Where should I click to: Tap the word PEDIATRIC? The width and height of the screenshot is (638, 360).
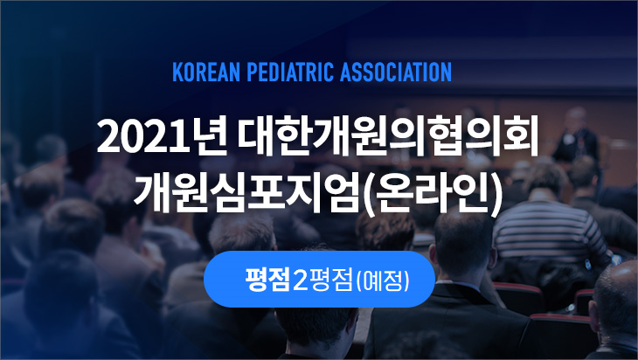(x=290, y=72)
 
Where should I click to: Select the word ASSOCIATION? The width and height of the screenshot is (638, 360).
(x=396, y=72)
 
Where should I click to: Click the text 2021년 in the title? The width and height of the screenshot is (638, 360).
(x=162, y=136)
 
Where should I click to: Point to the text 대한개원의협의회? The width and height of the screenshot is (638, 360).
(x=389, y=136)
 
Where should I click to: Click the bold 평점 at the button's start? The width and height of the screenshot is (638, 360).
(x=267, y=280)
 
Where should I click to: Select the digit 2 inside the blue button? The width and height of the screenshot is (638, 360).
(x=300, y=280)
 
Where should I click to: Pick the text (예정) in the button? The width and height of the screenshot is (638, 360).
(x=383, y=280)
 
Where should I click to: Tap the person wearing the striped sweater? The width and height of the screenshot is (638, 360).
(x=550, y=219)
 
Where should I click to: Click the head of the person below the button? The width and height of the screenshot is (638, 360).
(x=316, y=328)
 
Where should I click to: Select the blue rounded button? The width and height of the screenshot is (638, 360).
(x=319, y=280)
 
